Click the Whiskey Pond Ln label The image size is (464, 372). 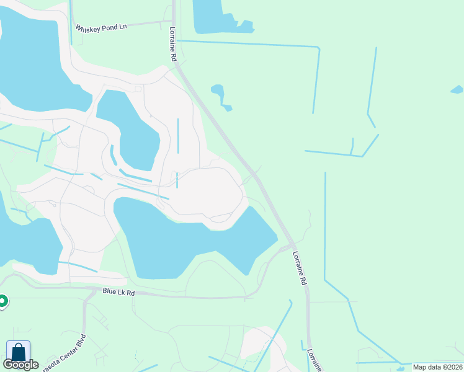click(x=101, y=29)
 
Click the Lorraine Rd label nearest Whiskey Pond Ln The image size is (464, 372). click(x=172, y=44)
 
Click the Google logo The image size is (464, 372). click(x=20, y=365)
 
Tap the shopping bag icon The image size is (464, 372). click(x=18, y=352)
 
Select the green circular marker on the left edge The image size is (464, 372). click(x=2, y=301)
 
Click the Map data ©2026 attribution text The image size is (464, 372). click(x=437, y=367)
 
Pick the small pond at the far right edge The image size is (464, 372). click(x=457, y=89)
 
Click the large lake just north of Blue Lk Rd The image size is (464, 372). click(x=186, y=239)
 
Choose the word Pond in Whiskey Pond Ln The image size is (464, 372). click(x=110, y=29)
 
